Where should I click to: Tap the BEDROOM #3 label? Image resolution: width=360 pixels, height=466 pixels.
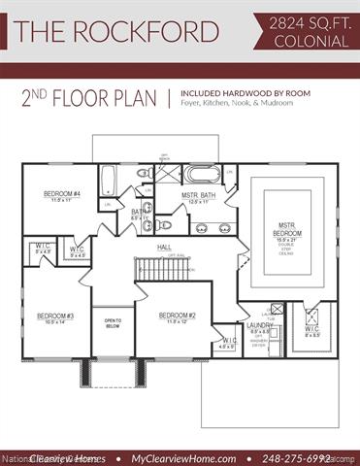(x=56, y=317)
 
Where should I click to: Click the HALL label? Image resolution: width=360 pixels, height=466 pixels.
(x=164, y=248)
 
